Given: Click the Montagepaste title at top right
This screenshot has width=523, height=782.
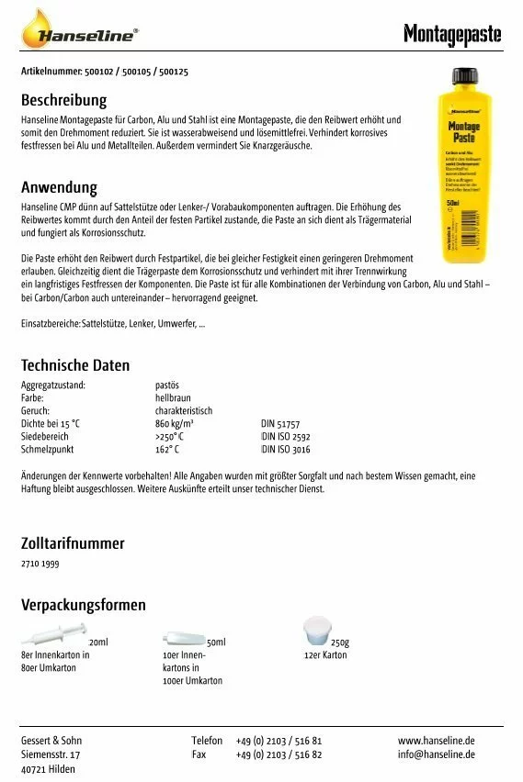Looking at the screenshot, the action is pyautogui.click(x=452, y=35).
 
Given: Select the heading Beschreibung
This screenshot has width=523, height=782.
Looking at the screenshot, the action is pyautogui.click(x=63, y=100).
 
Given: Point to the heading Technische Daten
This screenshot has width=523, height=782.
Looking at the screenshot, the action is pyautogui.click(x=75, y=365).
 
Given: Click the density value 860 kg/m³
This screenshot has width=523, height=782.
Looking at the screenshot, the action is pyautogui.click(x=174, y=424).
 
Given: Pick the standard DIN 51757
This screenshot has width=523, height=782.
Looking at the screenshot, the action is pyautogui.click(x=280, y=424).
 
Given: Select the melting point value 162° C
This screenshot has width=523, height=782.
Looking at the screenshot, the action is pyautogui.click(x=167, y=450).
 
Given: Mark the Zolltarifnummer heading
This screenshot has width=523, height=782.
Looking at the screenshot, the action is pyautogui.click(x=73, y=542).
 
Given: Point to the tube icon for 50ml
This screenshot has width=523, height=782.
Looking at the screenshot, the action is pyautogui.click(x=184, y=638).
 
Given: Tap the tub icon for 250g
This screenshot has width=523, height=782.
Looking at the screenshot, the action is pyautogui.click(x=316, y=631).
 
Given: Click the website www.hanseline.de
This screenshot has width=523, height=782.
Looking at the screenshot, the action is pyautogui.click(x=436, y=740).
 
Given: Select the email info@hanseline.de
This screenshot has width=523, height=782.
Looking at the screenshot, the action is pyautogui.click(x=436, y=754).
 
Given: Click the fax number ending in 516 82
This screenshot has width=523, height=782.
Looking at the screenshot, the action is pyautogui.click(x=279, y=754).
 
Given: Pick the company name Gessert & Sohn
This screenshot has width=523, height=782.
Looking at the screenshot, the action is pyautogui.click(x=51, y=740).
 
